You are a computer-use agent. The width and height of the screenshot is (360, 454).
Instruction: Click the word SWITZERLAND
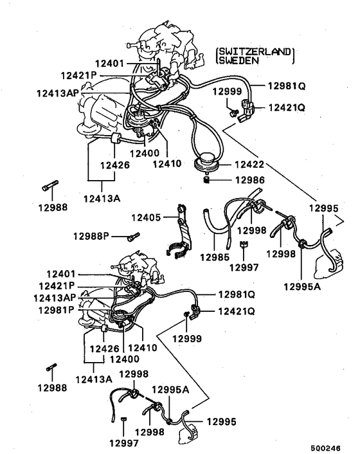(x=255, y=51)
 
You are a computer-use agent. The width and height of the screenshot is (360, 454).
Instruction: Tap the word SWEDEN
(x=239, y=61)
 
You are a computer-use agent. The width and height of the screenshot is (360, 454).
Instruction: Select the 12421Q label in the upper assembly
(x=285, y=108)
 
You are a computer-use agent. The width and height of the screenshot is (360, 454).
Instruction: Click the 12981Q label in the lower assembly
(x=237, y=295)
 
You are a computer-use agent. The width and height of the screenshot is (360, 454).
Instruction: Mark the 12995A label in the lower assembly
(x=169, y=390)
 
